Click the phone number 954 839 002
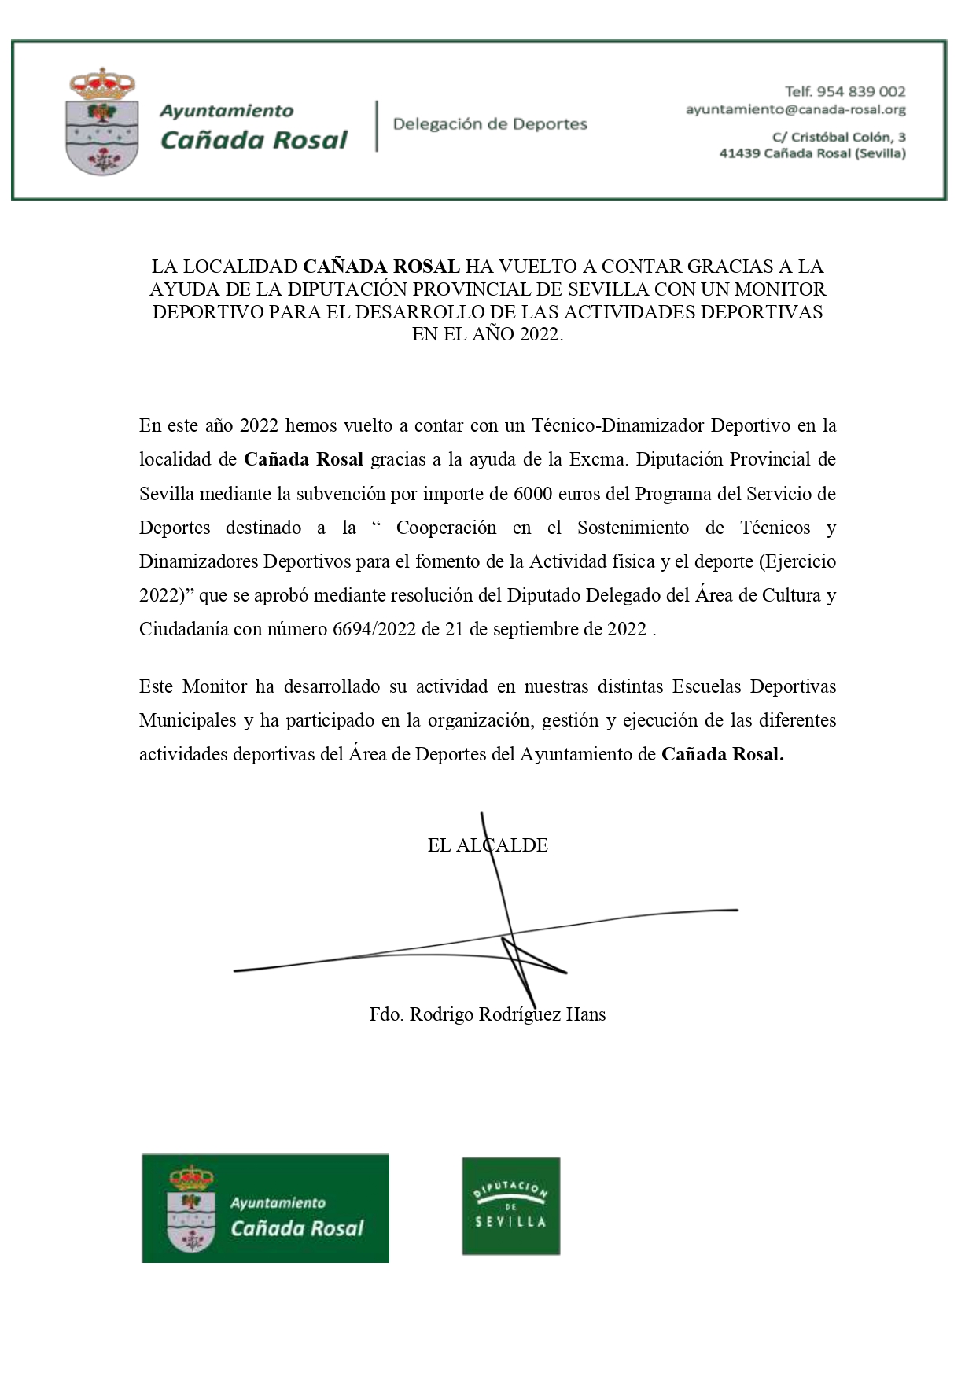[x=861, y=92]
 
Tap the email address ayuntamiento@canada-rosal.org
[x=795, y=110]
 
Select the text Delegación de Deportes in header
[x=489, y=124]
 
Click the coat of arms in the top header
[x=102, y=121]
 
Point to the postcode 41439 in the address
[x=738, y=153]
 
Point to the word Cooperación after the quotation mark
[x=446, y=528]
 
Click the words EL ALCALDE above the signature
[x=488, y=845]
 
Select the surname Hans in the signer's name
[x=585, y=1014]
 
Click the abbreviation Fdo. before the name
[x=386, y=1014]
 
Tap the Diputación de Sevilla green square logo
[x=510, y=1205]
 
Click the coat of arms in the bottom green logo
[x=190, y=1208]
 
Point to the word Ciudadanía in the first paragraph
[x=183, y=630]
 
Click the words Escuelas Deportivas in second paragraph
[x=753, y=686]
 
